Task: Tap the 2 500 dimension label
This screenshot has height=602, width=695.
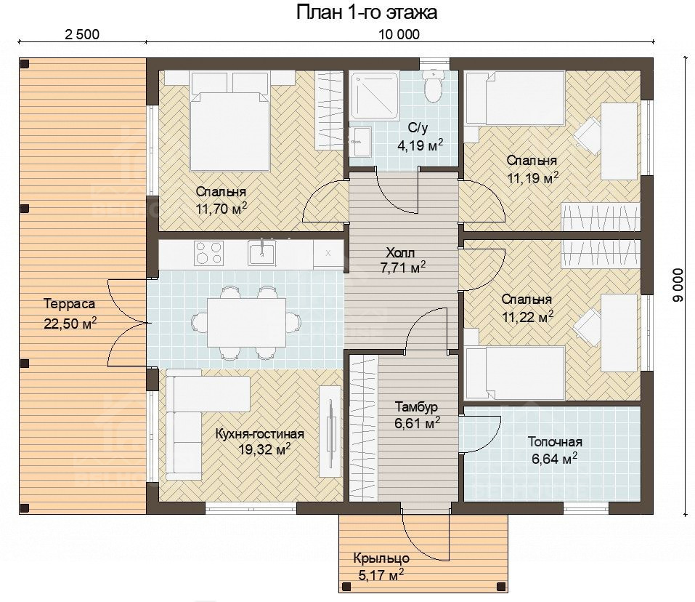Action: [x=82, y=34]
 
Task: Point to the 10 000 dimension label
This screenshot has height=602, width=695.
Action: [x=399, y=34]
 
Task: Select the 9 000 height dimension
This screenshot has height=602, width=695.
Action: [x=678, y=285]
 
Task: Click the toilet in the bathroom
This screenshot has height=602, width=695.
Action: [x=432, y=86]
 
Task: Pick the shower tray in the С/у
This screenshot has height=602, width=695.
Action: [x=375, y=95]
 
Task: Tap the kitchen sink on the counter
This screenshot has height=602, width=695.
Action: [x=262, y=253]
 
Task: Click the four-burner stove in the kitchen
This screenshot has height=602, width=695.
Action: [x=208, y=253]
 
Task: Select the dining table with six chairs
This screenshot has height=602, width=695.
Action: [x=246, y=323]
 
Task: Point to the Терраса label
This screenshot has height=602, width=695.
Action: [x=70, y=305]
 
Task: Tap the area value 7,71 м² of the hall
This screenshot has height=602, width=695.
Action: [x=403, y=268]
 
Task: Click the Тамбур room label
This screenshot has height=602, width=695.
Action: [x=416, y=407]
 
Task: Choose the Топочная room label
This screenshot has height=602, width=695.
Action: [x=555, y=442]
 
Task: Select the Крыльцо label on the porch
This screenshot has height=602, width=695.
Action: [x=381, y=558]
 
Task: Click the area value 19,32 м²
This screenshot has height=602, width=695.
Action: [x=264, y=449]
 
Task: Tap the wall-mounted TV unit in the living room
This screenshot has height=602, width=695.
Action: [x=330, y=426]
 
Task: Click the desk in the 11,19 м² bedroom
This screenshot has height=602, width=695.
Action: [x=619, y=141]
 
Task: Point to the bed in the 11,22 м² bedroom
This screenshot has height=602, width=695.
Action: [x=515, y=373]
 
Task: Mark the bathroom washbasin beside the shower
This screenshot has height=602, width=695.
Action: [x=360, y=142]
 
